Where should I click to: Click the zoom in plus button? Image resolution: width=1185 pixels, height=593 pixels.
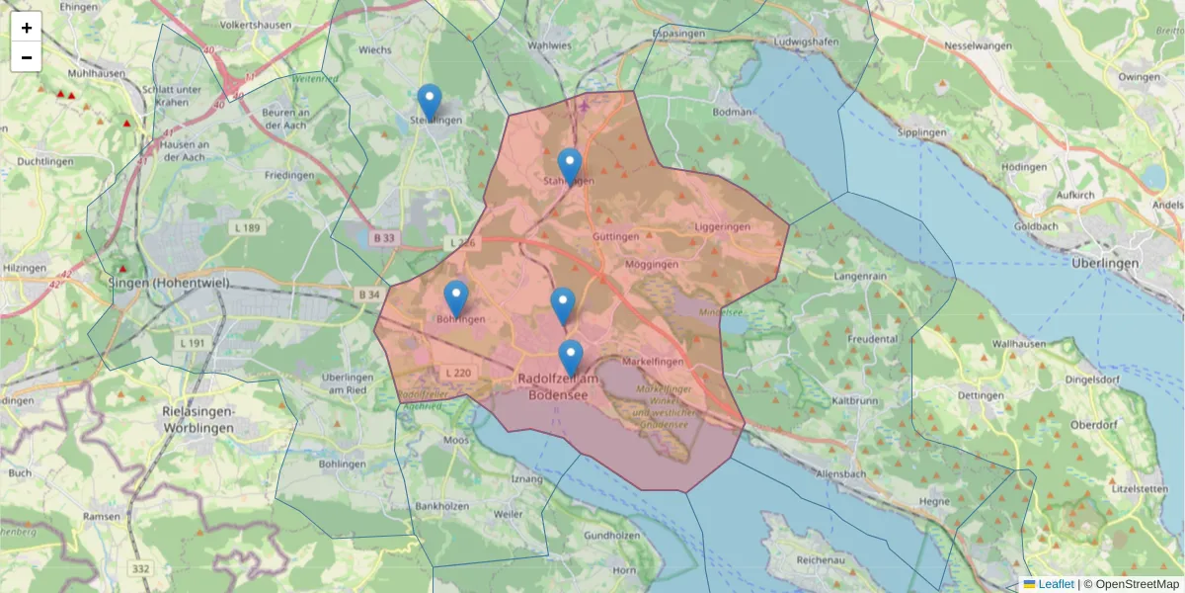27,28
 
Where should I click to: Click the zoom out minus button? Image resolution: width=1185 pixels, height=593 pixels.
27,57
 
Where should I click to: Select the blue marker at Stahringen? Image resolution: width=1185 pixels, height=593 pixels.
569,166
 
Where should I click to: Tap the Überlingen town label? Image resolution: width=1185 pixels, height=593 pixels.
1105,264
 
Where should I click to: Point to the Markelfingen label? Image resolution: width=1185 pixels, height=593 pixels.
654,363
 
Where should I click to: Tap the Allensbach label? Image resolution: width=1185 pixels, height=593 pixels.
841,475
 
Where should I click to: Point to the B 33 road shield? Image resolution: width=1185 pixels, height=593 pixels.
384,238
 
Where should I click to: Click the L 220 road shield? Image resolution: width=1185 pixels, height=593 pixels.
458,373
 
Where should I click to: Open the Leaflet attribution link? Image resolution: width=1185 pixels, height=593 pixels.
1055,584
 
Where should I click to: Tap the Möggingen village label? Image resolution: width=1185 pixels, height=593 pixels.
651,265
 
